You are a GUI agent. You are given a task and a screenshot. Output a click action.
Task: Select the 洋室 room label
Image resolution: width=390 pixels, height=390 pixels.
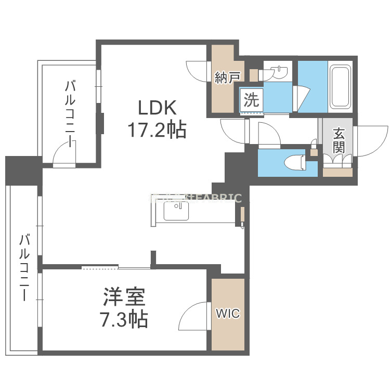pos(123,298)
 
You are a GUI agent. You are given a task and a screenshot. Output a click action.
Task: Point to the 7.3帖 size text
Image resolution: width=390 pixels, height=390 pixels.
pos(123,319)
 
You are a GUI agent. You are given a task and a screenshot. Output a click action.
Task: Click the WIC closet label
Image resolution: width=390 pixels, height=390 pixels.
pos(228,314)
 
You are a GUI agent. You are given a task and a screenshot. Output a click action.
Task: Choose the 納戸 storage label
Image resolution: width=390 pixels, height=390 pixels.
pos(227,77)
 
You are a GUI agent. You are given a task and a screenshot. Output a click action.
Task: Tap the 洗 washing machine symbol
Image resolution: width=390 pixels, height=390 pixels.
pos(252,99)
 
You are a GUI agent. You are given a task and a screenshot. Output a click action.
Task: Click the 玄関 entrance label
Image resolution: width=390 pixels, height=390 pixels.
pos(339,140)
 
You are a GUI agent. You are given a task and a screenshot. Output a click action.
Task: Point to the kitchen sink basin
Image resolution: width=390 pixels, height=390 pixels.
pos(177,211)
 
